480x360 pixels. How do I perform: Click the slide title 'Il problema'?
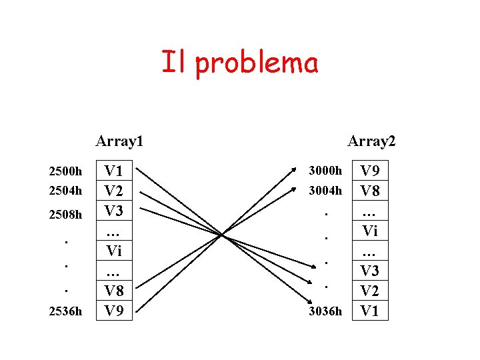tap(239, 63)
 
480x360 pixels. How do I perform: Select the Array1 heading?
tap(120, 141)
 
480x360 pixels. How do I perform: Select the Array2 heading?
tap(371, 141)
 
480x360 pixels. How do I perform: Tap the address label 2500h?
tap(65, 171)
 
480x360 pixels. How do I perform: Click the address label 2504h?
tap(65, 191)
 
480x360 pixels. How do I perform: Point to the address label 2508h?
tap(65, 215)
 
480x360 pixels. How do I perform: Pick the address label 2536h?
tap(65, 311)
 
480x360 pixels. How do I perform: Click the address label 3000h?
tap(325, 171)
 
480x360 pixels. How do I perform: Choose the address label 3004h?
tap(325, 191)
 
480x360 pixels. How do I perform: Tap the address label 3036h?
tap(325, 311)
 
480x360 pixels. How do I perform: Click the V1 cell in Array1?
tap(114, 171)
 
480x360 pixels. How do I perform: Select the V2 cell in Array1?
tap(114, 191)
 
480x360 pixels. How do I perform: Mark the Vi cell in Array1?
tap(114, 251)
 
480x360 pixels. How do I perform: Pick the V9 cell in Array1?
tap(114, 310)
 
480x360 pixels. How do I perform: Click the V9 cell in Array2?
tap(370, 171)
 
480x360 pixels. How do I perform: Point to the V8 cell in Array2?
tap(370, 191)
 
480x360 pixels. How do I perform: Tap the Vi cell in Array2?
tap(370, 231)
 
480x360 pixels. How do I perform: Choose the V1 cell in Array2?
tap(370, 310)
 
